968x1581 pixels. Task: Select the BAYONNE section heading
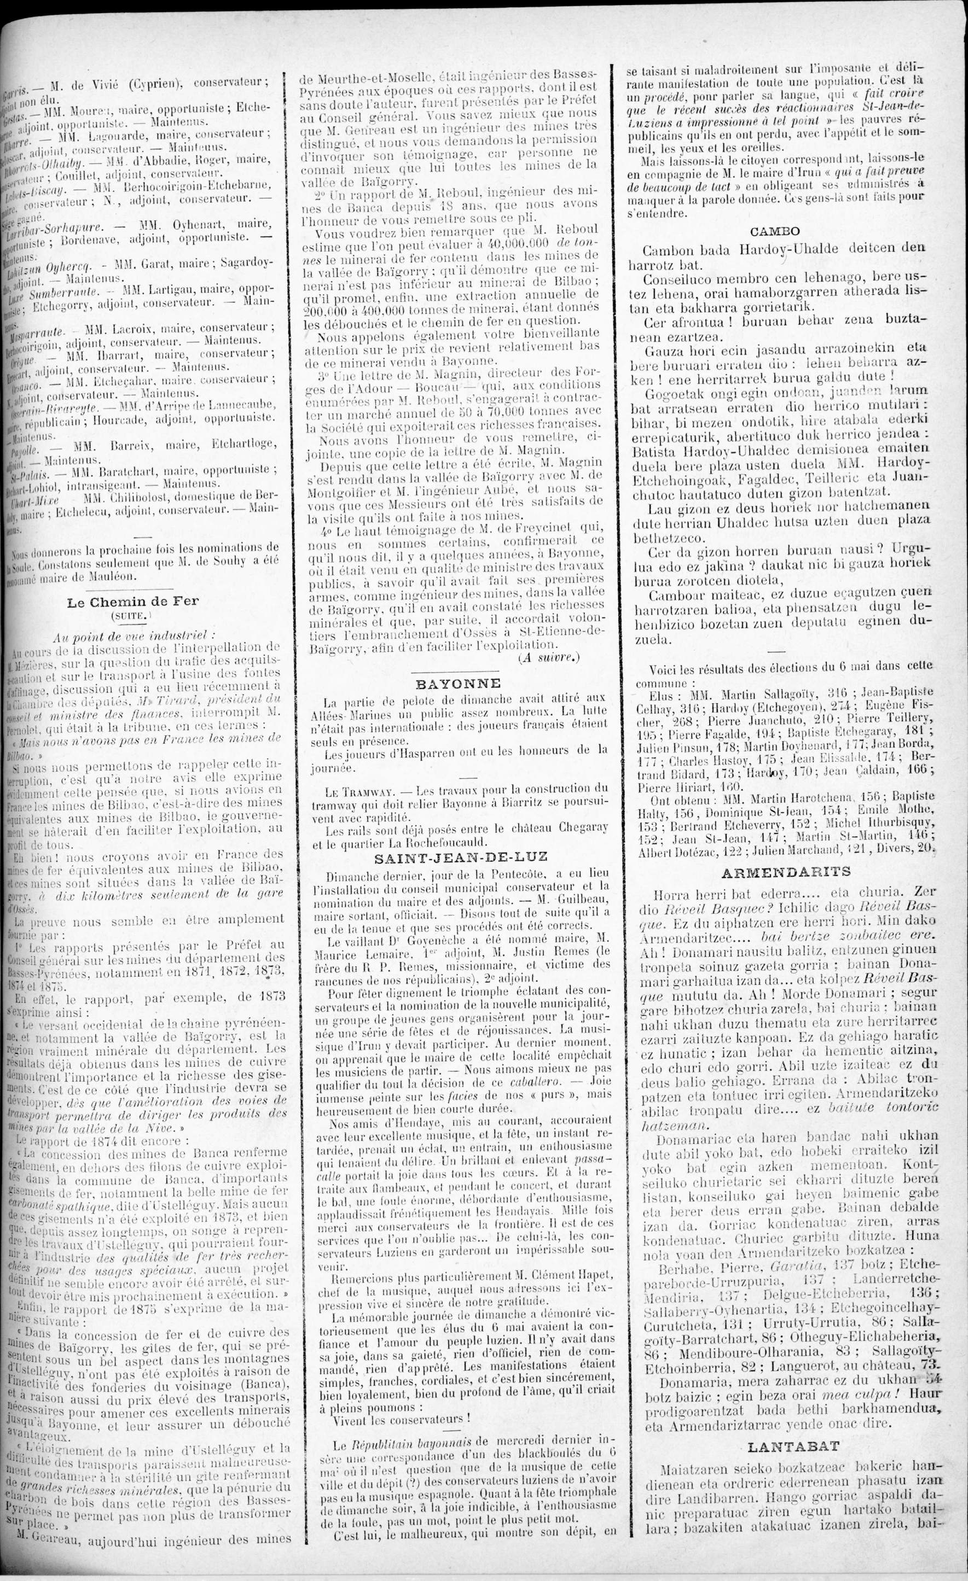point(457,682)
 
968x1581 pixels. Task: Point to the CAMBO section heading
point(775,231)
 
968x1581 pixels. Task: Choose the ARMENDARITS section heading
point(786,872)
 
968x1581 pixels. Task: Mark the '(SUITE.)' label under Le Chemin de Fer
point(131,616)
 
